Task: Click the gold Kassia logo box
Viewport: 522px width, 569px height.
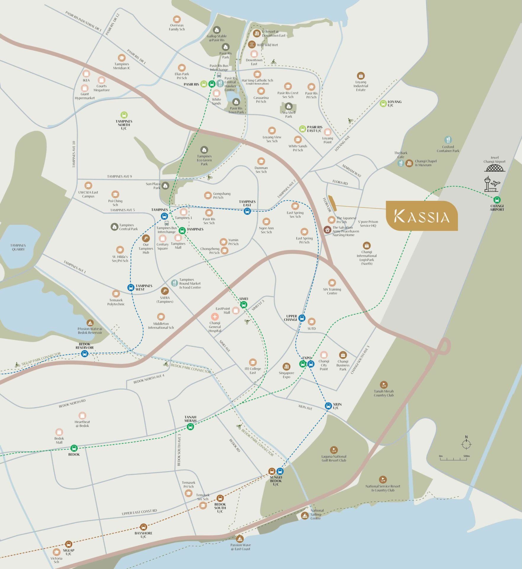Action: (422, 216)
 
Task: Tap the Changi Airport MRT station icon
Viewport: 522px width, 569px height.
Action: (497, 200)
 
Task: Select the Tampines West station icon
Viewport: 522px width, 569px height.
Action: (131, 287)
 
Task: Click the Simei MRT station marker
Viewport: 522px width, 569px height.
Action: (243, 304)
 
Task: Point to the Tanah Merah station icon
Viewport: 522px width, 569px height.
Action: (190, 427)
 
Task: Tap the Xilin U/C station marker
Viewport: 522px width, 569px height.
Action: (328, 406)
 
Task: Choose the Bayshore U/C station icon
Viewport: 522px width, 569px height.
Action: (143, 527)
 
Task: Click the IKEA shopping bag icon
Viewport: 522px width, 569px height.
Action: (86, 73)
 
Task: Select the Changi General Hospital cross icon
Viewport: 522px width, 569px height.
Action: (215, 317)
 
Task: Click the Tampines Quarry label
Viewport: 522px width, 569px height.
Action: (18, 247)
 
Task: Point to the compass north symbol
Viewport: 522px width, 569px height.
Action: (466, 444)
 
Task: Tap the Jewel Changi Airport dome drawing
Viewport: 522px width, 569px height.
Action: (495, 168)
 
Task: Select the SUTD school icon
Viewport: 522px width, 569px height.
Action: (311, 322)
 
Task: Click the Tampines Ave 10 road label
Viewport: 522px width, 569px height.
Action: (74, 154)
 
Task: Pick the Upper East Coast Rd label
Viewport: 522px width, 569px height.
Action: (139, 512)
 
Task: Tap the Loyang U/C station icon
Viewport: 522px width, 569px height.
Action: (383, 103)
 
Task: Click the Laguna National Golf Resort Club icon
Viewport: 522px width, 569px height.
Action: (334, 450)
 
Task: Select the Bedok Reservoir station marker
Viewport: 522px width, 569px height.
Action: (85, 354)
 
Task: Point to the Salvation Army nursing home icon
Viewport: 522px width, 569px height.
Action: (327, 230)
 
